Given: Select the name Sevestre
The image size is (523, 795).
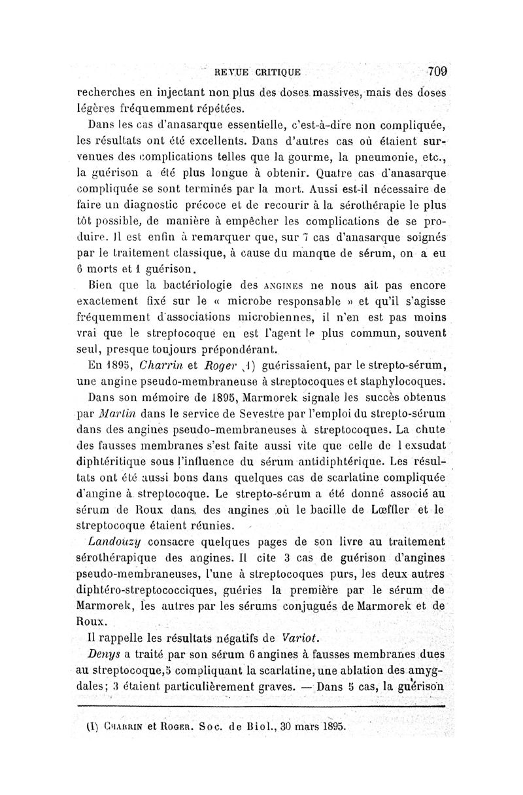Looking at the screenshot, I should [256, 413].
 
